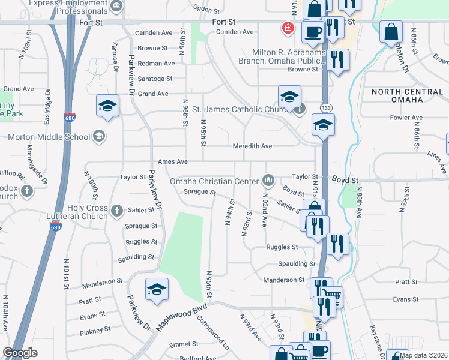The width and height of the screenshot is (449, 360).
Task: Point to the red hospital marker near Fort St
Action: [288, 28]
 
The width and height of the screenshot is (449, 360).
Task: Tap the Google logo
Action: [20, 353]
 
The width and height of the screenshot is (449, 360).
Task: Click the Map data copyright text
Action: [423, 355]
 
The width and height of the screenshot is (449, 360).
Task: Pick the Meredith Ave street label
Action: [253, 146]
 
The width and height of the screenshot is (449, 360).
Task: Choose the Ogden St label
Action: [207, 8]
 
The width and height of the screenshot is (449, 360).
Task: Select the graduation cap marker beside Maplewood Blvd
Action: [157, 289]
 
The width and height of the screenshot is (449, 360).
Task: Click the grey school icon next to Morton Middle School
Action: [98, 136]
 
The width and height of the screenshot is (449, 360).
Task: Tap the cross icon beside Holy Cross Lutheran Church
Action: [117, 211]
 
